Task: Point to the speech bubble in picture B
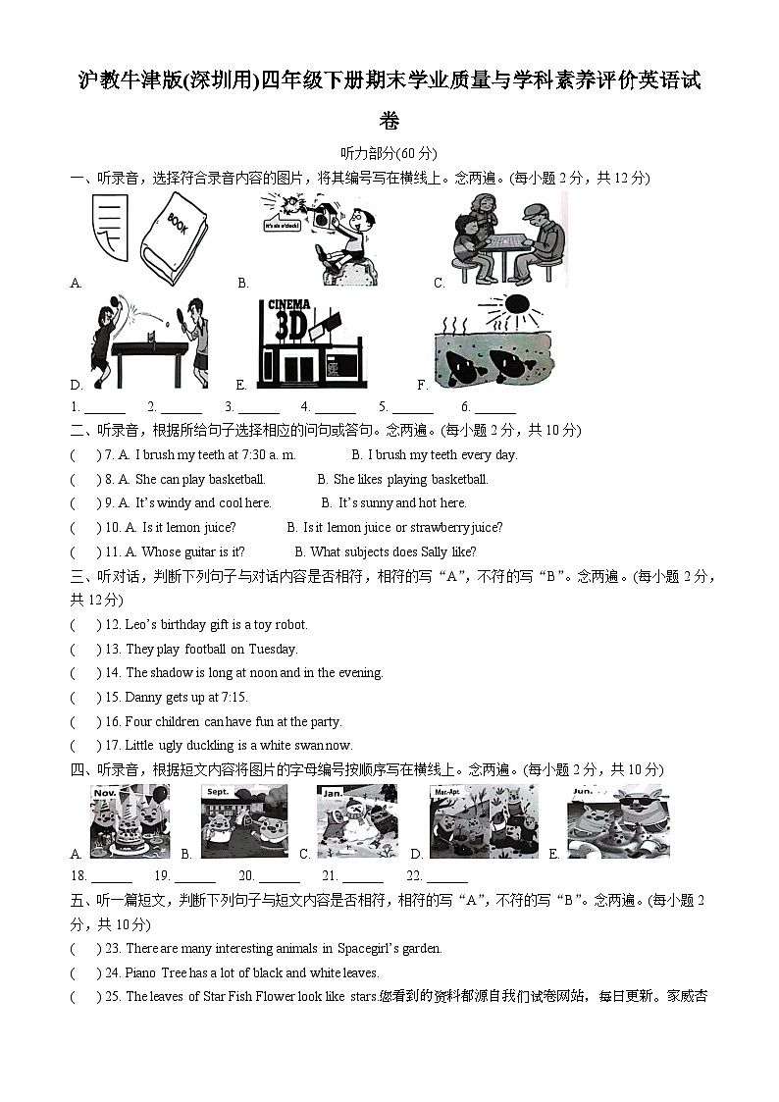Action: (x=283, y=227)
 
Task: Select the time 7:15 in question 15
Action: (x=230, y=698)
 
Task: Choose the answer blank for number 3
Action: (x=258, y=407)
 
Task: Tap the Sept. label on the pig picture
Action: (x=217, y=792)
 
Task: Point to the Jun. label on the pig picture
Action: (x=583, y=791)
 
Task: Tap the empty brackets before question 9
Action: (x=84, y=503)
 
